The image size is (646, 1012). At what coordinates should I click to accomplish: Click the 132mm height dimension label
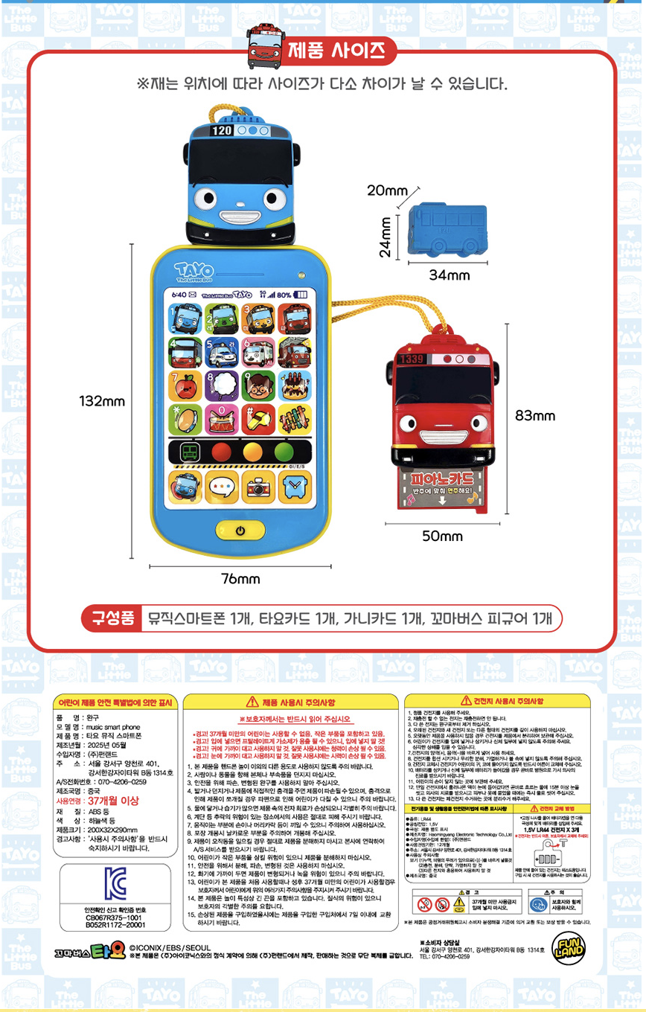[x=103, y=402]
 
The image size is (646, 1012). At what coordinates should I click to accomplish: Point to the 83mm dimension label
[x=534, y=414]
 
